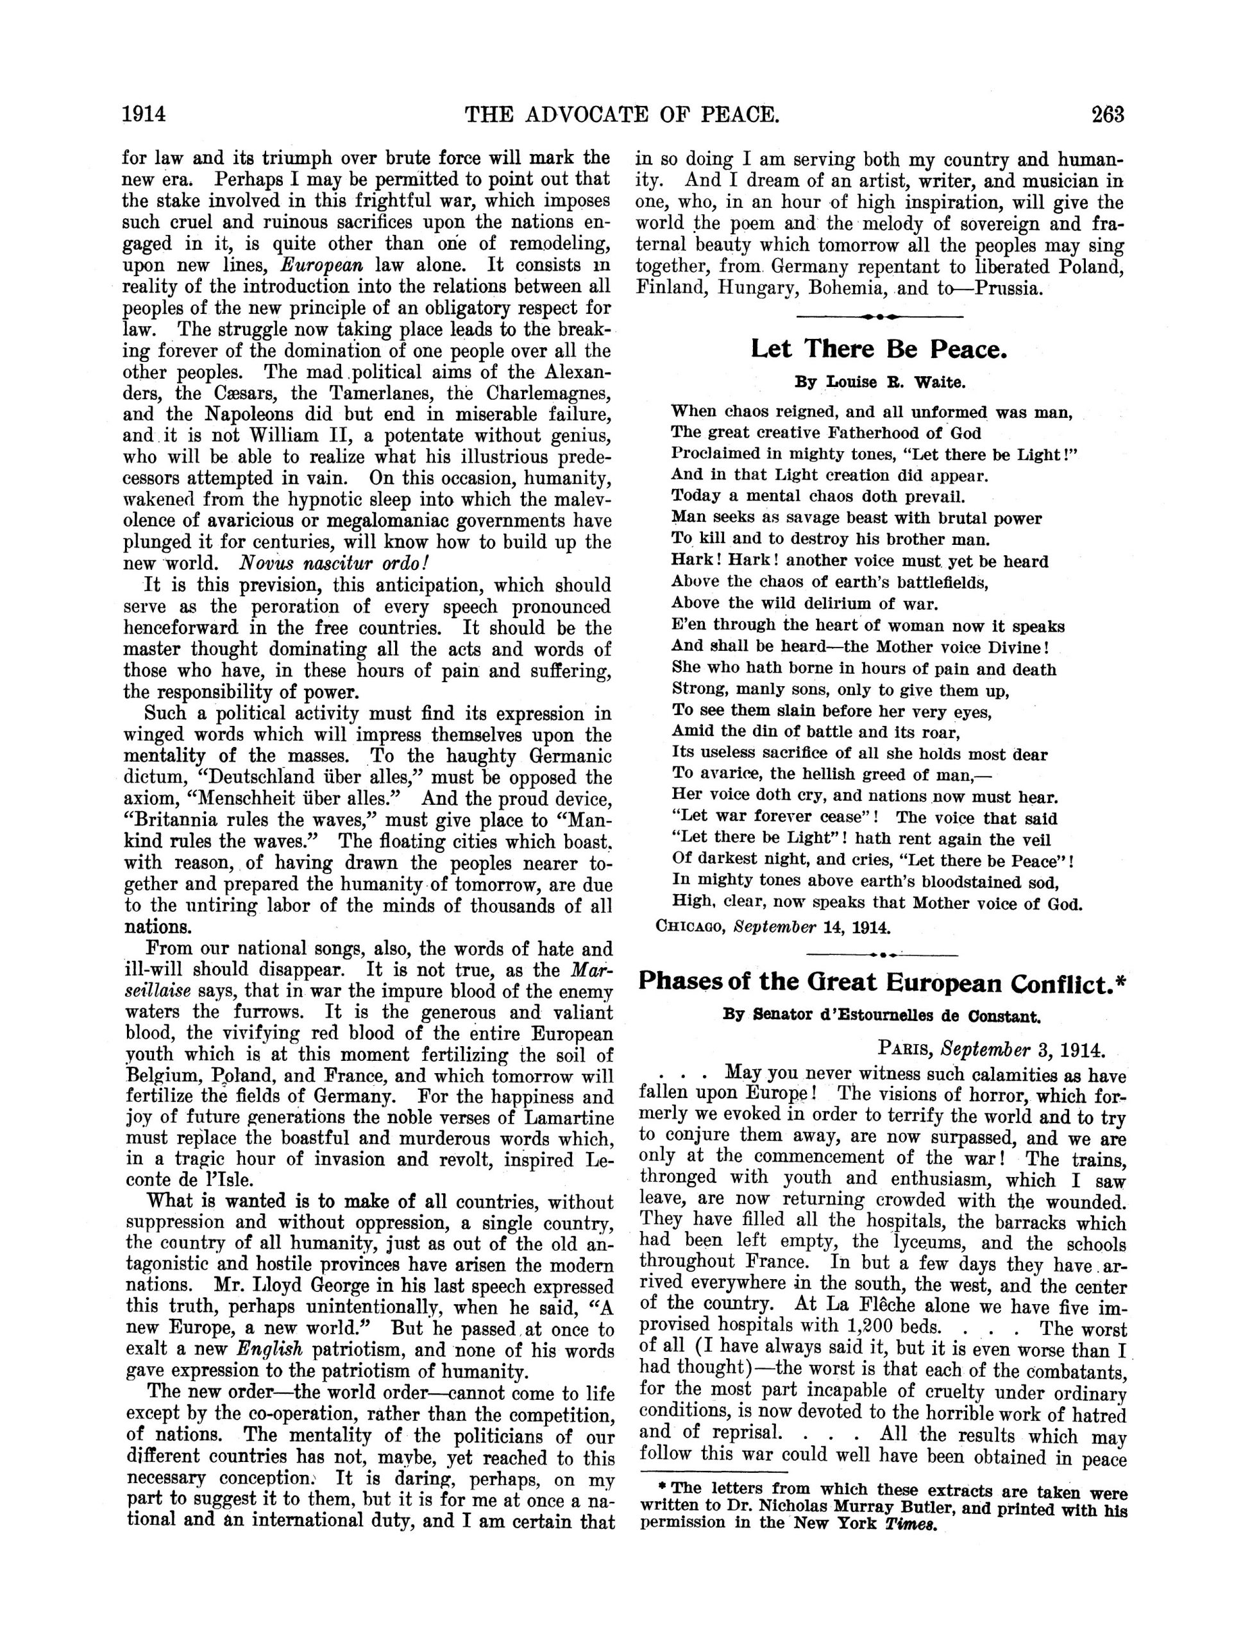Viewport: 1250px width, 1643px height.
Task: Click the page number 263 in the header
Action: [x=1108, y=116]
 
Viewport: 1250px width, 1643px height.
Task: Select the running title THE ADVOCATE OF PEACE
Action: [x=622, y=116]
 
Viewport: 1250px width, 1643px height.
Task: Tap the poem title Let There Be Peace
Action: [x=879, y=349]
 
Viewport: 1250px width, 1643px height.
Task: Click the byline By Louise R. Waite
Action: [x=879, y=383]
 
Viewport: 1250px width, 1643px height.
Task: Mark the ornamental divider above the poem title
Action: [x=879, y=316]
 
